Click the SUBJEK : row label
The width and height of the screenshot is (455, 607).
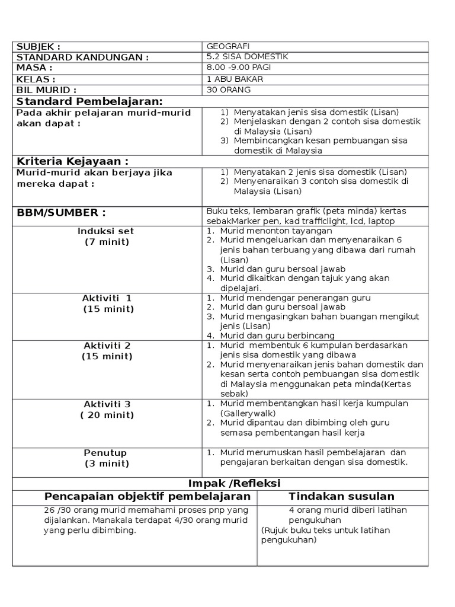click(39, 47)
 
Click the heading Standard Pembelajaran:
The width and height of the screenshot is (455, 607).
click(89, 101)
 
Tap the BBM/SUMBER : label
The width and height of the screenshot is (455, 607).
click(61, 213)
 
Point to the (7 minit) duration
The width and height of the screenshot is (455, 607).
click(107, 242)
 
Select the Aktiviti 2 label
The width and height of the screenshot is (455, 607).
click(107, 346)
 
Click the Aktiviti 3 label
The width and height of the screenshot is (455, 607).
click(107, 404)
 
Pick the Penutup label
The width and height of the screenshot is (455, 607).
click(105, 453)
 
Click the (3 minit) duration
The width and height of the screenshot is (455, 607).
click(107, 464)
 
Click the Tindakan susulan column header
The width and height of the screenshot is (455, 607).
click(342, 497)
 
